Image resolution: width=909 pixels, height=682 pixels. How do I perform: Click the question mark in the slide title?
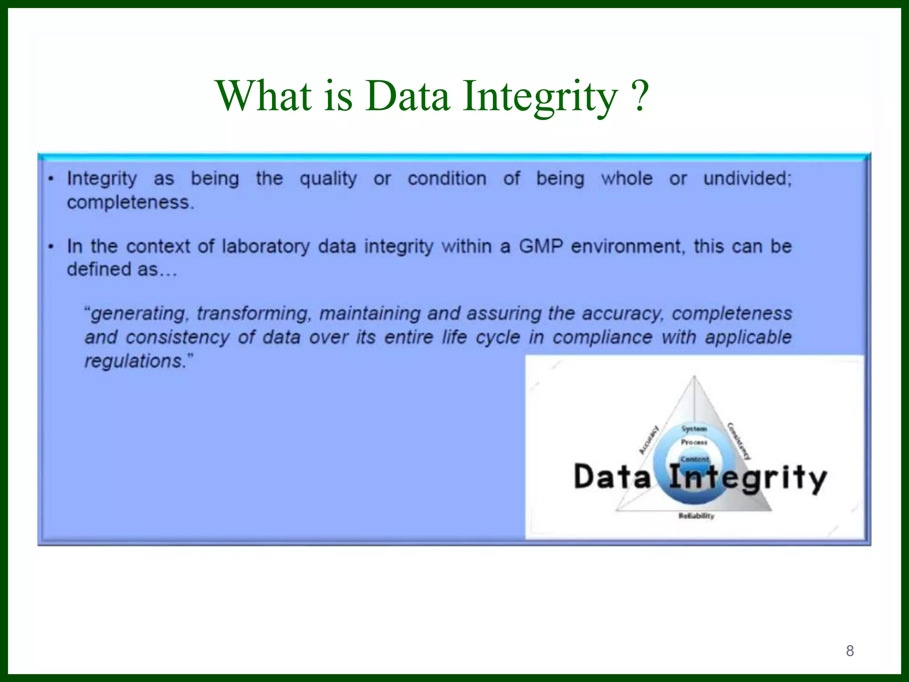(x=639, y=95)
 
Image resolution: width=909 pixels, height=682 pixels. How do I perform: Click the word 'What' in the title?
(x=264, y=95)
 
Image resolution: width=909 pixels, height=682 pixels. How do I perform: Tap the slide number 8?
(x=850, y=650)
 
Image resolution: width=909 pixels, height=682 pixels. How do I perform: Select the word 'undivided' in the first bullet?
(x=747, y=178)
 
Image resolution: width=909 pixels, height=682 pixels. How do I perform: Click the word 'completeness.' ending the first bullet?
(x=130, y=202)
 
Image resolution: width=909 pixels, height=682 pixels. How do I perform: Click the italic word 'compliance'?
(x=602, y=337)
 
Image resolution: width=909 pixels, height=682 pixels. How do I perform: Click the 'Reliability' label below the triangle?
(x=696, y=516)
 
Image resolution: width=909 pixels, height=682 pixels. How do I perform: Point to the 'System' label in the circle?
(x=694, y=429)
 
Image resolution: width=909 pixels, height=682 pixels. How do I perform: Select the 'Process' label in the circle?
(x=694, y=442)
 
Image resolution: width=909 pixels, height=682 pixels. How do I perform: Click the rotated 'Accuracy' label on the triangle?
(x=648, y=440)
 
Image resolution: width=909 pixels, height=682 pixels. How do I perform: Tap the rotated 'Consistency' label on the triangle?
(x=739, y=441)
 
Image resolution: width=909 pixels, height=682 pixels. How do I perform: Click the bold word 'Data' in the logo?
(x=612, y=477)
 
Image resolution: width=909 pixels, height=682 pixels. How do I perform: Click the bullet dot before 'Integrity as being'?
(x=51, y=179)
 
